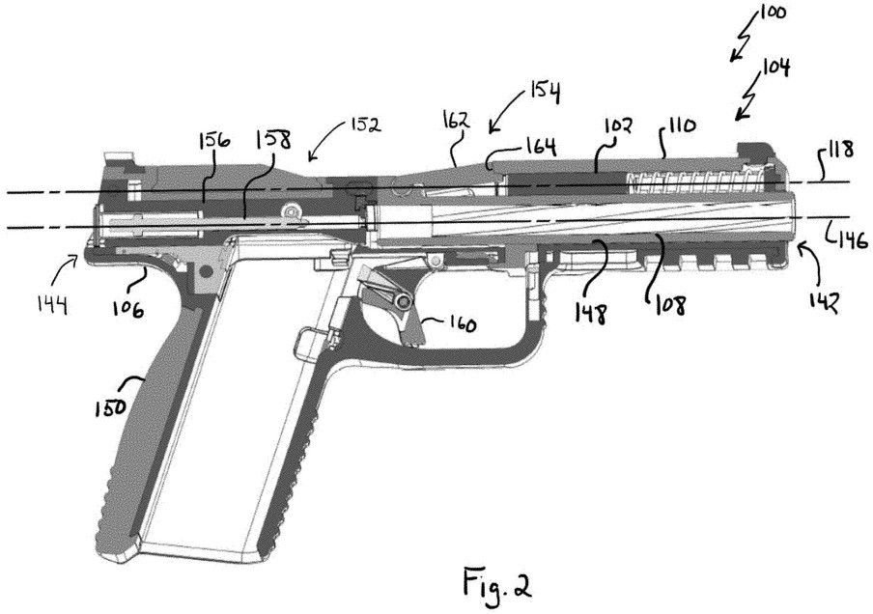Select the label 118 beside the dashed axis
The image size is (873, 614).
click(x=836, y=153)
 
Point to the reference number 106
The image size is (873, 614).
click(x=127, y=308)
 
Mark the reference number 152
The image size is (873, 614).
click(x=363, y=126)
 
